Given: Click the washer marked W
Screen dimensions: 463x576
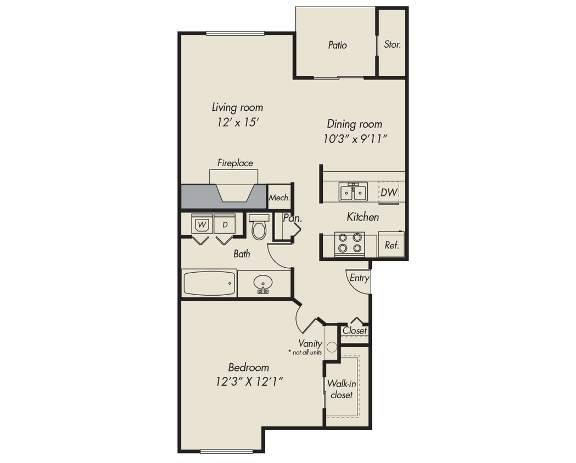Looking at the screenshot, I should click(x=202, y=224).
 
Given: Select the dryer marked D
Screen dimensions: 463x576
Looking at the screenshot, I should click(x=225, y=224).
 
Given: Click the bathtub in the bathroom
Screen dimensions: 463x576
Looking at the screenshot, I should click(x=209, y=283).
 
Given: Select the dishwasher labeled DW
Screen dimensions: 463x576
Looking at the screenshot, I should click(x=389, y=193).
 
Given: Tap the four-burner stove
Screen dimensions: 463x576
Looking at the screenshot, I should click(x=350, y=243).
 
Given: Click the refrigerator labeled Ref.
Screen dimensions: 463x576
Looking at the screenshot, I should click(x=392, y=245).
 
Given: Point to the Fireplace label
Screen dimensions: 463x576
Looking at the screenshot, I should click(x=235, y=163).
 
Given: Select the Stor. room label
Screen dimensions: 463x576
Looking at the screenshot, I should click(x=392, y=44).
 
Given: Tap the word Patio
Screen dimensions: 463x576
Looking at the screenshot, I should click(x=337, y=45).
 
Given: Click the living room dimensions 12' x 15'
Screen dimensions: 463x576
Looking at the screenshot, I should click(x=237, y=122).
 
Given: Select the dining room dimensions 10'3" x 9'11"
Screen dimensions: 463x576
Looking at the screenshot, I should click(x=355, y=139).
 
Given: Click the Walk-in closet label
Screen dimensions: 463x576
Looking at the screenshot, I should click(x=342, y=389).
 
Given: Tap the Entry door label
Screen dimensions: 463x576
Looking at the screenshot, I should click(x=359, y=278).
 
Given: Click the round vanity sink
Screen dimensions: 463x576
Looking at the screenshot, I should click(x=332, y=347).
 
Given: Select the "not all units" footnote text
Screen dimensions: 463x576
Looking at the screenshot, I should click(x=305, y=352).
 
